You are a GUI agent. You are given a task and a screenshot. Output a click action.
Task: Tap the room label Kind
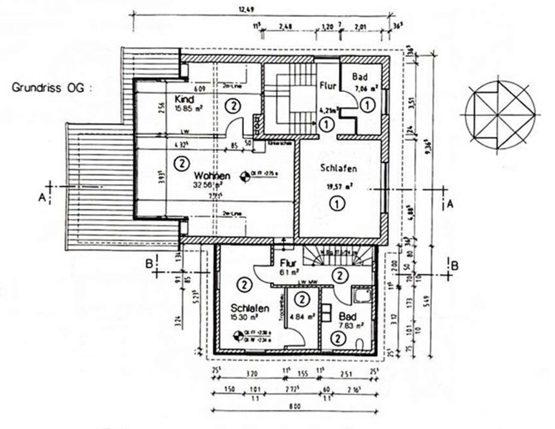click(x=184, y=99)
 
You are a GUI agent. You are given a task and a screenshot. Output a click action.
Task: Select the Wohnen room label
click(x=212, y=176)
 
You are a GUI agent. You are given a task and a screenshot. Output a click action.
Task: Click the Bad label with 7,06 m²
click(x=360, y=77)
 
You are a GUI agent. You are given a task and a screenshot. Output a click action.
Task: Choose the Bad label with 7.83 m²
click(x=347, y=317)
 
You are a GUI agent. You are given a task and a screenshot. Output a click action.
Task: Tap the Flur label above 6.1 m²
click(x=288, y=263)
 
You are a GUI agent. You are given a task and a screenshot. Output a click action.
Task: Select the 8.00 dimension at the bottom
click(x=295, y=406)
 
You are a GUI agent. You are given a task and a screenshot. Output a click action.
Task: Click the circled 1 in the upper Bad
click(x=368, y=105)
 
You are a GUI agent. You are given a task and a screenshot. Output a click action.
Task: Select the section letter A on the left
click(x=42, y=197)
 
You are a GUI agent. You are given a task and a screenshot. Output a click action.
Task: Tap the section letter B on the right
click(x=455, y=265)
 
